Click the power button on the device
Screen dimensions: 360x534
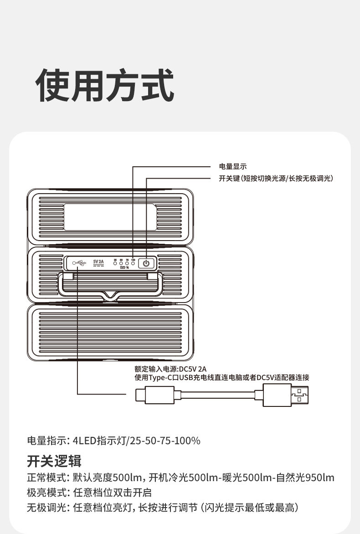tap(146, 263)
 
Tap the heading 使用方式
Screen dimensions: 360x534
tap(105, 85)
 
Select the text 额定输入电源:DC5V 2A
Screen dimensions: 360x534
tap(170, 369)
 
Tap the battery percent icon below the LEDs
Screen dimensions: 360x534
tap(124, 268)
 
